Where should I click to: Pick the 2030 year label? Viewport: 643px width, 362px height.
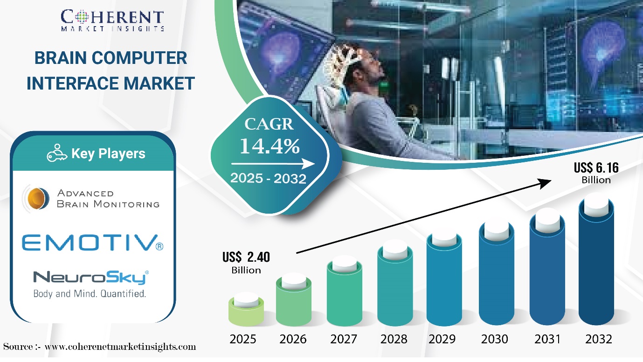[x=495, y=339]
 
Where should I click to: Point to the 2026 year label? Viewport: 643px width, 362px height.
[x=293, y=339]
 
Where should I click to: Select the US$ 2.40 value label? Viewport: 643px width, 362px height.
[x=247, y=258]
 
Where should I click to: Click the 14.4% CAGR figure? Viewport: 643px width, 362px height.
[x=269, y=146]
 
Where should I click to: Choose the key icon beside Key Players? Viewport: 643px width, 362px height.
[x=57, y=154]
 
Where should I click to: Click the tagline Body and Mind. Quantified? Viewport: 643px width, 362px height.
[x=90, y=294]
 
